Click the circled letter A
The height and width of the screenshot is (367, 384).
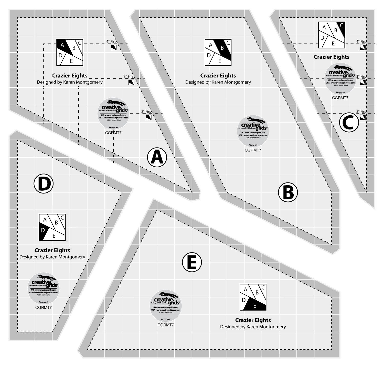(x=157, y=157)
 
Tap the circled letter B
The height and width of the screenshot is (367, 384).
(x=288, y=192)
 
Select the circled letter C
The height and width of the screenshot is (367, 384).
(x=349, y=123)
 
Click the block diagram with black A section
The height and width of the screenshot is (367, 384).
(x=70, y=53)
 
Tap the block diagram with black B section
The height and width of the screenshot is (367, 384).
(x=218, y=53)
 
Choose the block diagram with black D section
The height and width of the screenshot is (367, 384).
(x=52, y=227)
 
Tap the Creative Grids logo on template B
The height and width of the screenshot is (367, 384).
(x=253, y=131)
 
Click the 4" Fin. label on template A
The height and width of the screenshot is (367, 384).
(x=111, y=41)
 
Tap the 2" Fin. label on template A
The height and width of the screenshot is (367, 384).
(x=146, y=111)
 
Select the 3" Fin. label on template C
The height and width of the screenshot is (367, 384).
(x=361, y=76)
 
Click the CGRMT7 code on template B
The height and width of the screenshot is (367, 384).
(x=253, y=150)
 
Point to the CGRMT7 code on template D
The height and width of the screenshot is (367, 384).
(x=44, y=308)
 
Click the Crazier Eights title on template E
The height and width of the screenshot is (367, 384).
(x=253, y=320)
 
